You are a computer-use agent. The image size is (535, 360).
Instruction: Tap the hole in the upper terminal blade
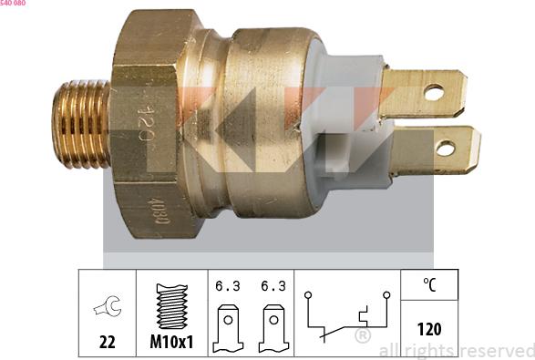click(434, 92)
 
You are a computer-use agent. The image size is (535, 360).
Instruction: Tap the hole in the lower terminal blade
click(447, 147)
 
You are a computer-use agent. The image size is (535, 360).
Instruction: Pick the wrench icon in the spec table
click(107, 308)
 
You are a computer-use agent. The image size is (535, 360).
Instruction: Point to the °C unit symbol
click(429, 284)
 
